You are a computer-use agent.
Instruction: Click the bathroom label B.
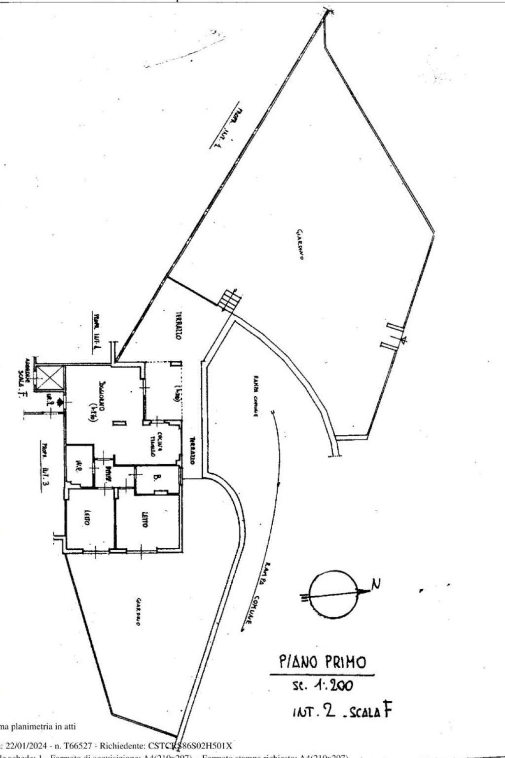point(156,478)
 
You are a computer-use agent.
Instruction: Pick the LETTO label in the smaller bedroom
point(87,520)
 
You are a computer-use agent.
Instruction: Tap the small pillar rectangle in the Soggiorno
point(119,423)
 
